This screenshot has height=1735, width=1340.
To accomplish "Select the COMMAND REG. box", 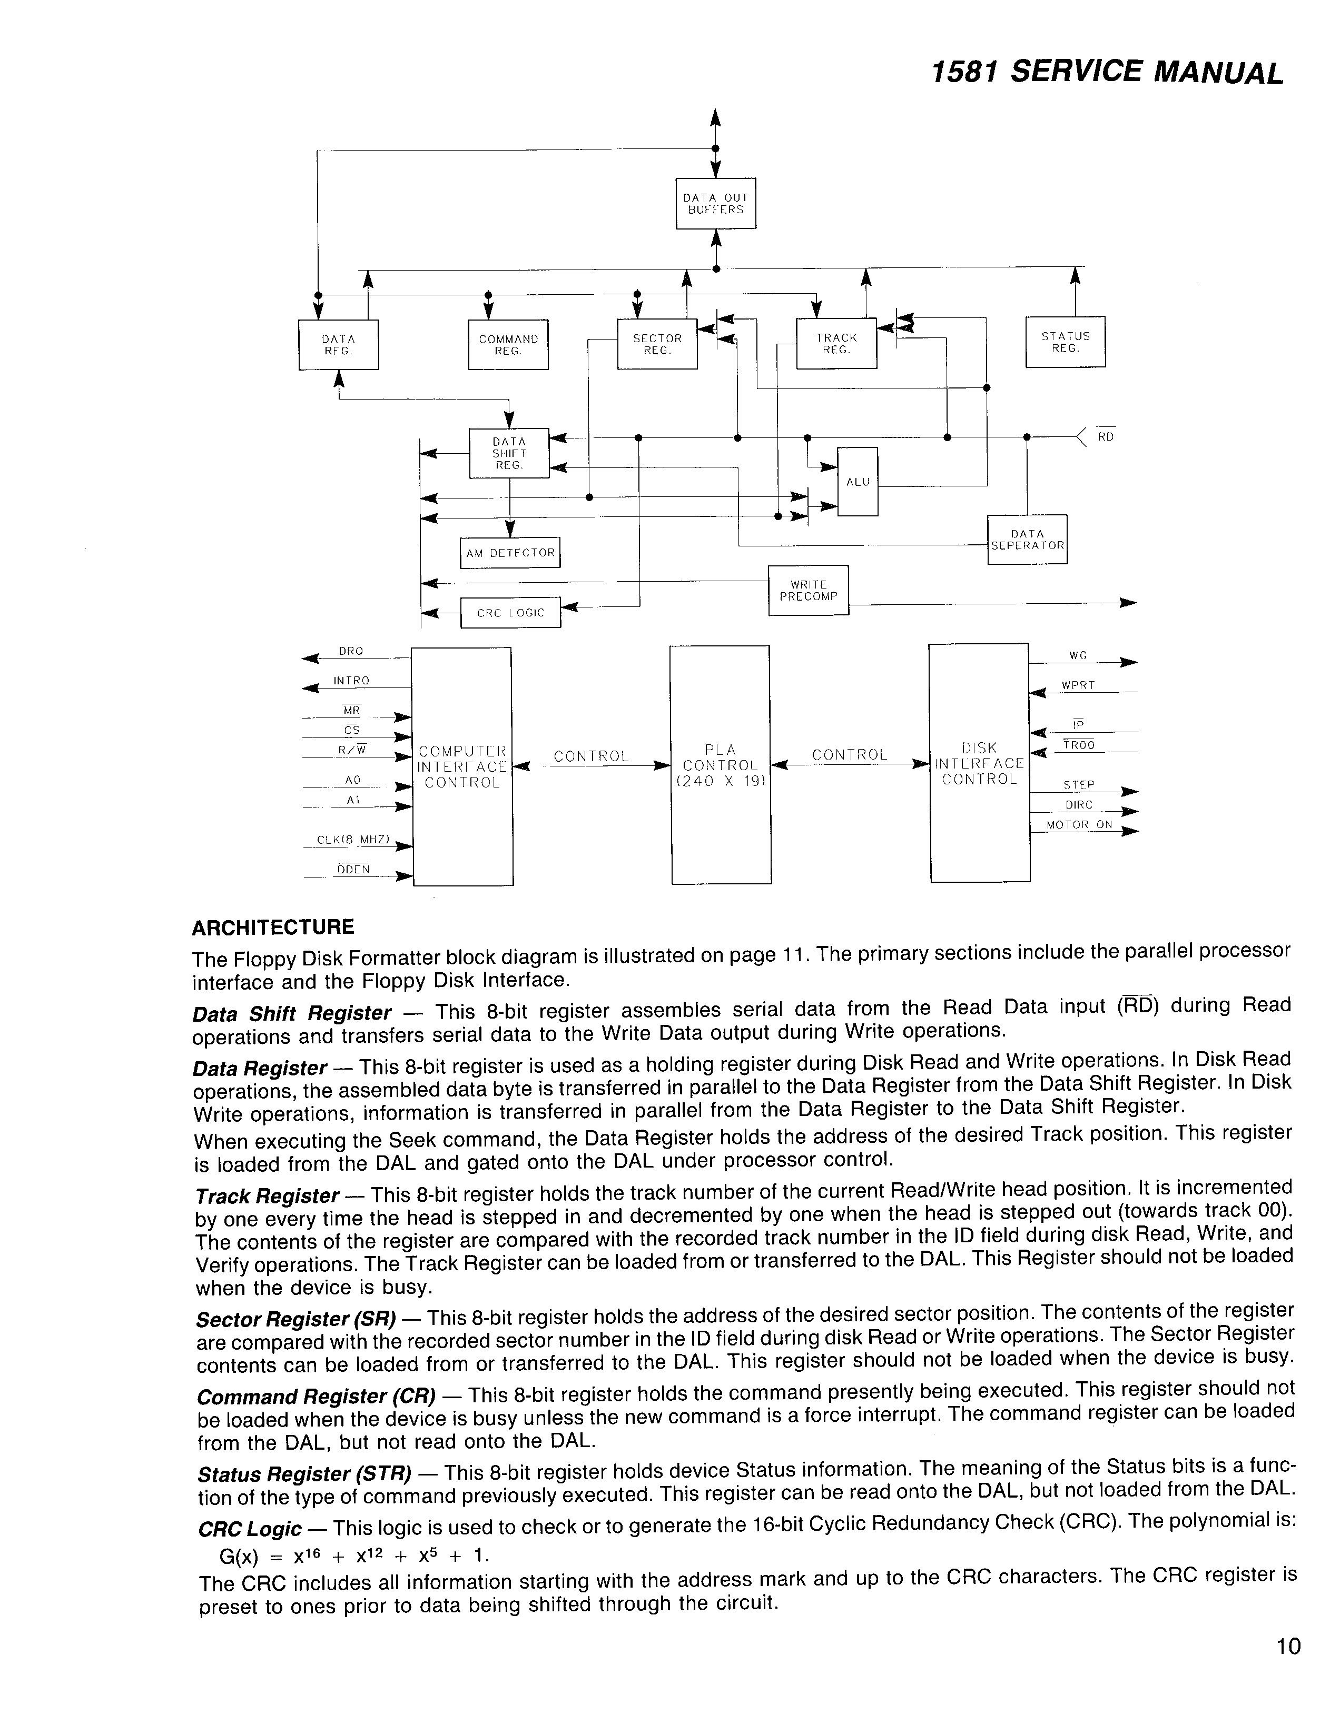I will pos(508,344).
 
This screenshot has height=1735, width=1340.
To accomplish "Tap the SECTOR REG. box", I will pos(656,344).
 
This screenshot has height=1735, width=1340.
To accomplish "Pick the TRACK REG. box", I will pos(836,343).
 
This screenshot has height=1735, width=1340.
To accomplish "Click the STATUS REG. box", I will pos(1065,342).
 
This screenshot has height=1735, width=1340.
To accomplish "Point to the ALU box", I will pos(858,482).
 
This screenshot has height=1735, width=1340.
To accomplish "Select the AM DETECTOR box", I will pos(509,553).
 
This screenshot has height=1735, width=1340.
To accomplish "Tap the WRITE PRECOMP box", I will pos(809,590).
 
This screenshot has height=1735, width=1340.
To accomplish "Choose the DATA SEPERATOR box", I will pos(1027,540).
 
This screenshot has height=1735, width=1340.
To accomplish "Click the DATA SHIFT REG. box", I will pos(509,453).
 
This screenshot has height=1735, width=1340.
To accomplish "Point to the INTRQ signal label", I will pos(351,681).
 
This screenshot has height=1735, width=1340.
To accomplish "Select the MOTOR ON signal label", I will pos(1079,825).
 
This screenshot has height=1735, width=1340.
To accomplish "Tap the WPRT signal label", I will pos(1078,685).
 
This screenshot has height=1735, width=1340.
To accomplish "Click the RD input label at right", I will pos(1106,436).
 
